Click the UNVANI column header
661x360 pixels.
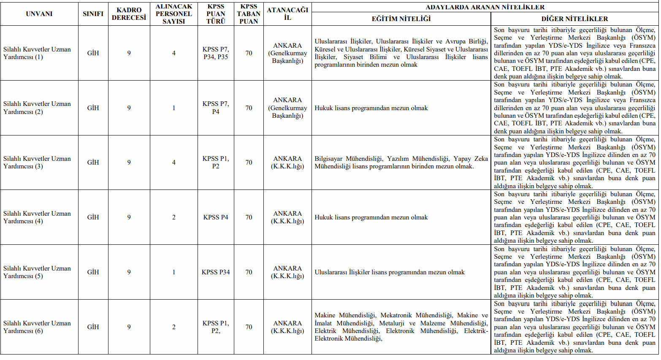point(39,14)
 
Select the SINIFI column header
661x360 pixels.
point(93,14)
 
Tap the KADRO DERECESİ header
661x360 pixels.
point(129,14)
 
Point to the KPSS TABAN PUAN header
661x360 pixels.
point(249,14)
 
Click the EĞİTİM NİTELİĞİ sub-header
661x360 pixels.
point(401,19)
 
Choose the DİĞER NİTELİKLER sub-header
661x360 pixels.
point(574,19)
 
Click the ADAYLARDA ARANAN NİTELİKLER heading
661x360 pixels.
point(485,7)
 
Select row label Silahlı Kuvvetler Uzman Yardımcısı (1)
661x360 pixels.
point(37,53)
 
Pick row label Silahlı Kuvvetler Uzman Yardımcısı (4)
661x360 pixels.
point(37,217)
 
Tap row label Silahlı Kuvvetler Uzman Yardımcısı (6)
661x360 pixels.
point(37,327)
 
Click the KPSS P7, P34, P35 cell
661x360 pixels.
point(216,53)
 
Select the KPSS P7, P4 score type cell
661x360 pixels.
point(216,108)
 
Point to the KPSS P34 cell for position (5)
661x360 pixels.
point(216,272)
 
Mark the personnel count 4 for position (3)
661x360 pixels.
point(173,162)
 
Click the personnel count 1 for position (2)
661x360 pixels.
point(173,108)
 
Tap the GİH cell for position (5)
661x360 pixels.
point(93,272)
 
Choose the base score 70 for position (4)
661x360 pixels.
point(249,217)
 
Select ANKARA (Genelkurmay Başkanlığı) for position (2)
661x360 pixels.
point(287,108)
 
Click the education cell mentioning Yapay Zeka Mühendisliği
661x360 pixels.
point(401,162)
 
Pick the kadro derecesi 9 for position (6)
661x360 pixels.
point(129,327)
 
